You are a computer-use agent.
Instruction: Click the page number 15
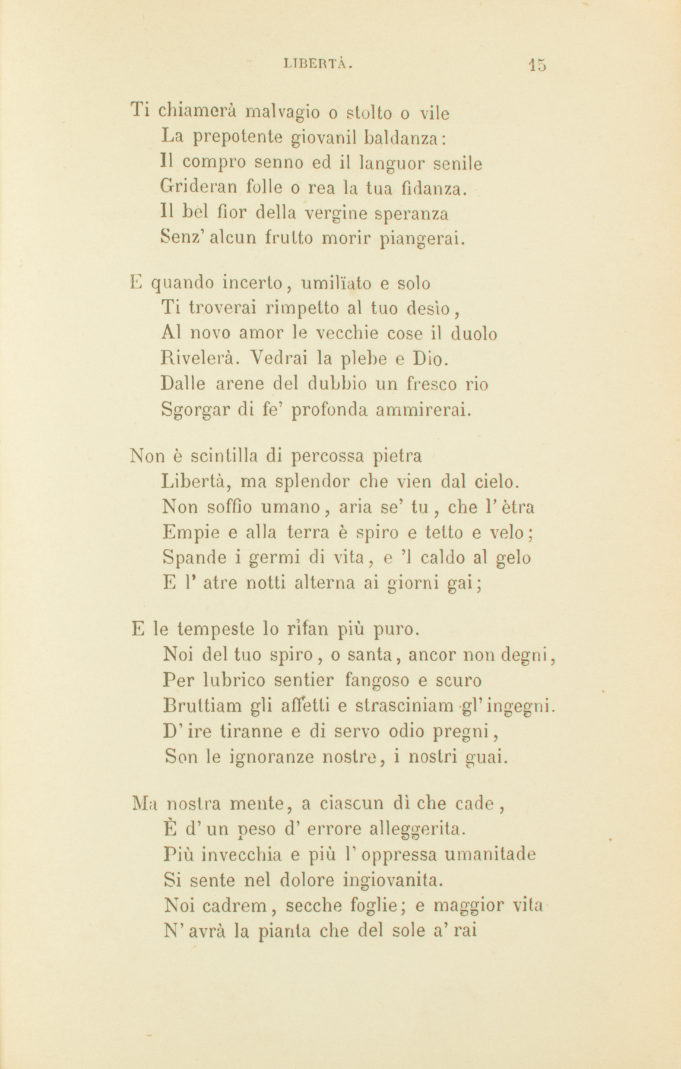(x=537, y=64)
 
